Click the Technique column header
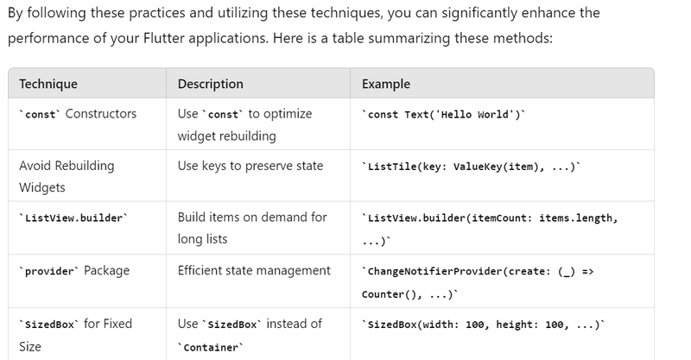click(48, 84)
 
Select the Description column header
click(210, 84)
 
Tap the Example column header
click(386, 84)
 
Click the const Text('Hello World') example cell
click(444, 115)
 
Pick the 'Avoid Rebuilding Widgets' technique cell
click(67, 176)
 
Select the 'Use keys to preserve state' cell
click(250, 166)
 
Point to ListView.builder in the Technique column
click(73, 218)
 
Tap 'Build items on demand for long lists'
click(251, 228)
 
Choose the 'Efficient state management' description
click(254, 270)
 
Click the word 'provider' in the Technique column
click(48, 271)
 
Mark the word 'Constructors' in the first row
click(101, 114)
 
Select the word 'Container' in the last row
click(211, 347)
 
